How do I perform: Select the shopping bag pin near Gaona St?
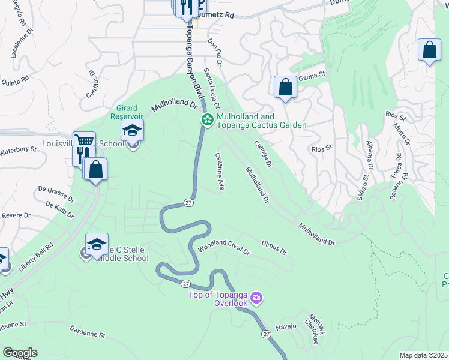coord(286,88)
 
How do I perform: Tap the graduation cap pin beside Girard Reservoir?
coord(132,130)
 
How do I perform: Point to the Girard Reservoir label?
coord(127,112)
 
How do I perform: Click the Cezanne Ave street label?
coord(220,172)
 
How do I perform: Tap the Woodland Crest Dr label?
coord(224,247)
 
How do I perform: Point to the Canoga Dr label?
coord(263,155)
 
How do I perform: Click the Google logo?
coord(19,353)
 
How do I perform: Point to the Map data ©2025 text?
coord(423,355)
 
